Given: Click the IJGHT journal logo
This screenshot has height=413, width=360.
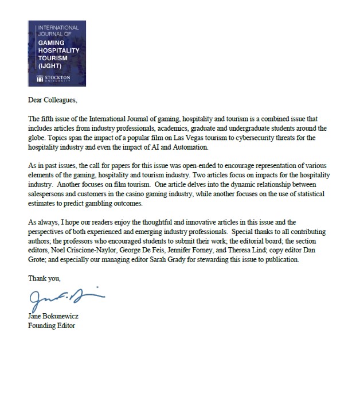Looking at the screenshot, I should (x=57, y=53).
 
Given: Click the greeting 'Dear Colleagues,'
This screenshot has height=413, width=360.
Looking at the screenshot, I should (x=52, y=100).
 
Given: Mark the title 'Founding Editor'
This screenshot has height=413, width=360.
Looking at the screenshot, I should (x=52, y=326).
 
